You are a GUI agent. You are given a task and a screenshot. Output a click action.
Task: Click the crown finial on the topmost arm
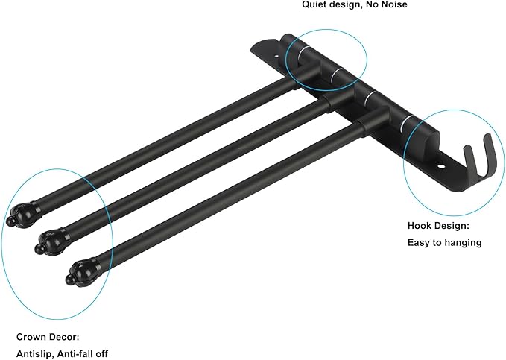23,214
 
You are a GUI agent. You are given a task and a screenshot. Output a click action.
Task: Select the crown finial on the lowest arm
82,271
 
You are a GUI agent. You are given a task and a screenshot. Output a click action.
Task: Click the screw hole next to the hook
441,167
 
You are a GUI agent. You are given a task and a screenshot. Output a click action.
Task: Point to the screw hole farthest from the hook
276,56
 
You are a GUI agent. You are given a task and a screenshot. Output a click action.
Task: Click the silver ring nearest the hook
405,124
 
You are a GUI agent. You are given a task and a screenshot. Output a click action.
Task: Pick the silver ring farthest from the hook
302,52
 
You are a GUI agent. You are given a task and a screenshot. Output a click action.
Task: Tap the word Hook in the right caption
419,225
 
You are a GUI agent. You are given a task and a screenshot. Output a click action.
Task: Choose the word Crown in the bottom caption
31,337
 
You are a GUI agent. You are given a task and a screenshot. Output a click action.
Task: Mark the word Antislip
34,354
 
